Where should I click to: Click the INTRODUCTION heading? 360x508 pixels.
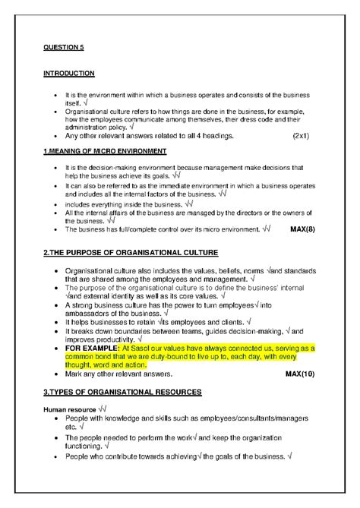pos(69,74)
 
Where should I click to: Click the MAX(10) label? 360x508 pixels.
pos(300,374)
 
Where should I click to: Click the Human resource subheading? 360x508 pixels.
pos(69,409)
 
